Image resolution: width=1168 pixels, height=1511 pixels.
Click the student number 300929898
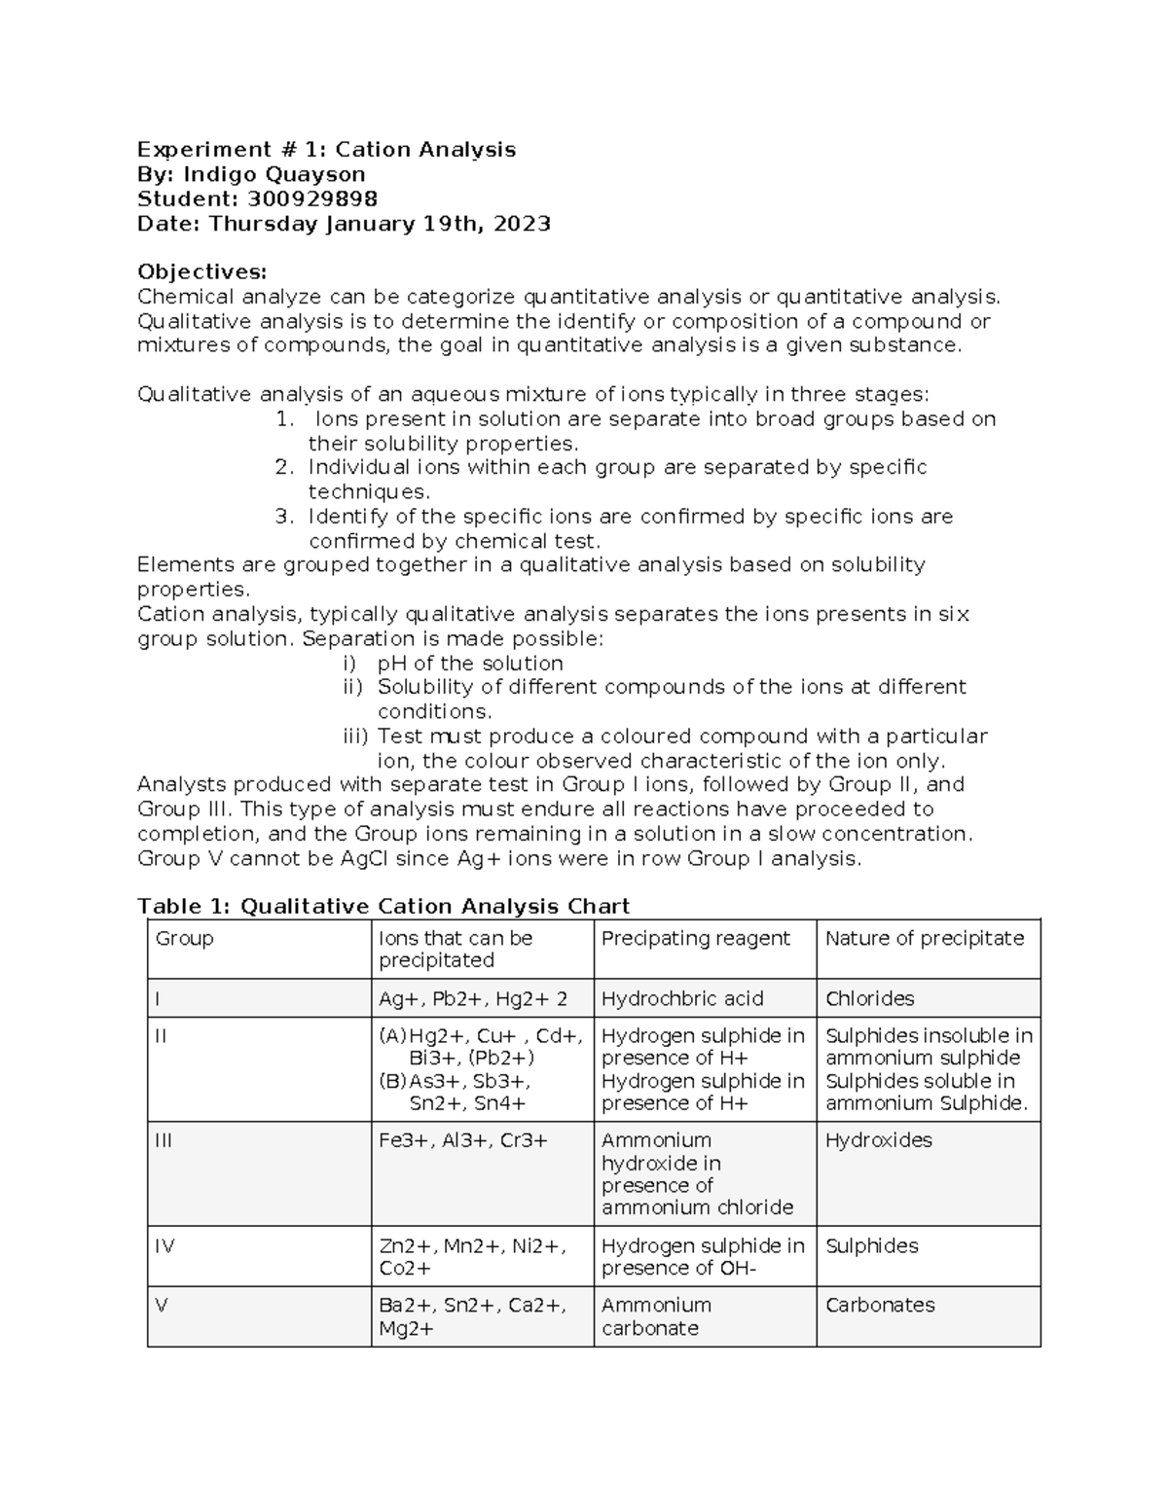(312, 199)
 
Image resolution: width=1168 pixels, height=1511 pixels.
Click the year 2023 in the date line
(522, 224)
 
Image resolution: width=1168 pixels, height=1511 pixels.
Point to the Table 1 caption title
(383, 906)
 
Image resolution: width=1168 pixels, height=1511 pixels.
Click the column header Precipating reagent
(695, 938)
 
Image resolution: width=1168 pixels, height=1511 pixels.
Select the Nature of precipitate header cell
(924, 938)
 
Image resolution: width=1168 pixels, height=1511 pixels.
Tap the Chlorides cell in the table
(869, 998)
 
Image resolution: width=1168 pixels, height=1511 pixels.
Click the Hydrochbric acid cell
(682, 998)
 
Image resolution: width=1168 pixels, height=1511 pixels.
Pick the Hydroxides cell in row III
(878, 1139)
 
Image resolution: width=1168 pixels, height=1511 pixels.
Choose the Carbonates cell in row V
(880, 1305)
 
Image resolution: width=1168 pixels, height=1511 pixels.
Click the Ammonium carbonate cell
(656, 1316)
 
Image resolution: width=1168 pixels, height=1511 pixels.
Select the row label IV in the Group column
(164, 1245)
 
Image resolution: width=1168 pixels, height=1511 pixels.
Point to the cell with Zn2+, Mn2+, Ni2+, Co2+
(471, 1256)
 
